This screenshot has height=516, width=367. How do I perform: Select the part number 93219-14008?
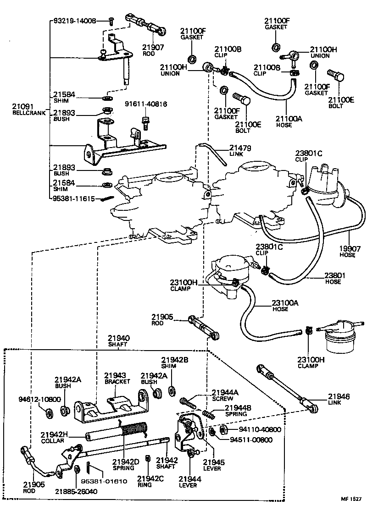75,21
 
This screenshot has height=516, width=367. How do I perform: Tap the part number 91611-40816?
146,104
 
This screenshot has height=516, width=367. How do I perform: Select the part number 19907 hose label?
347,252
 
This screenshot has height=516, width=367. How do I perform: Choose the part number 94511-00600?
251,440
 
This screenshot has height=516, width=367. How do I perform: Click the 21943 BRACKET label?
117,378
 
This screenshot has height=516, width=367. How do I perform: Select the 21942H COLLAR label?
54,437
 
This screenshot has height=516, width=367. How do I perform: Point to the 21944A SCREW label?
225,395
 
